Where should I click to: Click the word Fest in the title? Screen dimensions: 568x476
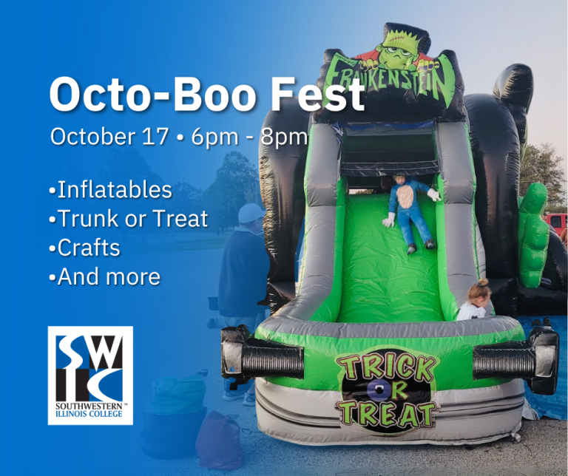[x=317, y=94]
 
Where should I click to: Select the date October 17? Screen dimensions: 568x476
[x=109, y=137]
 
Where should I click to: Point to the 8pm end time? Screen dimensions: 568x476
[x=284, y=137]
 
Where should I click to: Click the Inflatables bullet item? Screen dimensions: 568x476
[x=111, y=190]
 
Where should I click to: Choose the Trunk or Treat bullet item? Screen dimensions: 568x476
[x=129, y=218]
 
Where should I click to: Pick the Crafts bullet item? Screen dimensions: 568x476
[x=85, y=248]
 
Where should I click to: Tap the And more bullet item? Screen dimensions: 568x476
[x=105, y=276]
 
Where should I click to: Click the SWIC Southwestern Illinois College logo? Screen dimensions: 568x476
[x=90, y=375]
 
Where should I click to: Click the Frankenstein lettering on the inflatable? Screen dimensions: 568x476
[x=390, y=83]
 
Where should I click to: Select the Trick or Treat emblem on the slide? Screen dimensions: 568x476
[x=387, y=390]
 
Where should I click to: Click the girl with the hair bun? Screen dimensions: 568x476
[x=474, y=300]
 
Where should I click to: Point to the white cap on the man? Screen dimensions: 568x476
[x=251, y=213]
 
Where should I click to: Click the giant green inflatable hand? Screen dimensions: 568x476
[x=532, y=234]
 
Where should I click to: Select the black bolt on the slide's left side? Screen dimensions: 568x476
[x=263, y=356]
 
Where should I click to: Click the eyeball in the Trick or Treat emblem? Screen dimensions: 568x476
[x=378, y=389]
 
